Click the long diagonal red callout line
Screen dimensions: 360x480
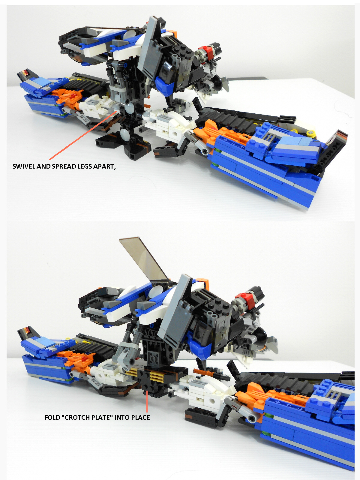pyautogui.click(x=82, y=135)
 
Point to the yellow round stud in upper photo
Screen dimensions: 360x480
pyautogui.click(x=310, y=133)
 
